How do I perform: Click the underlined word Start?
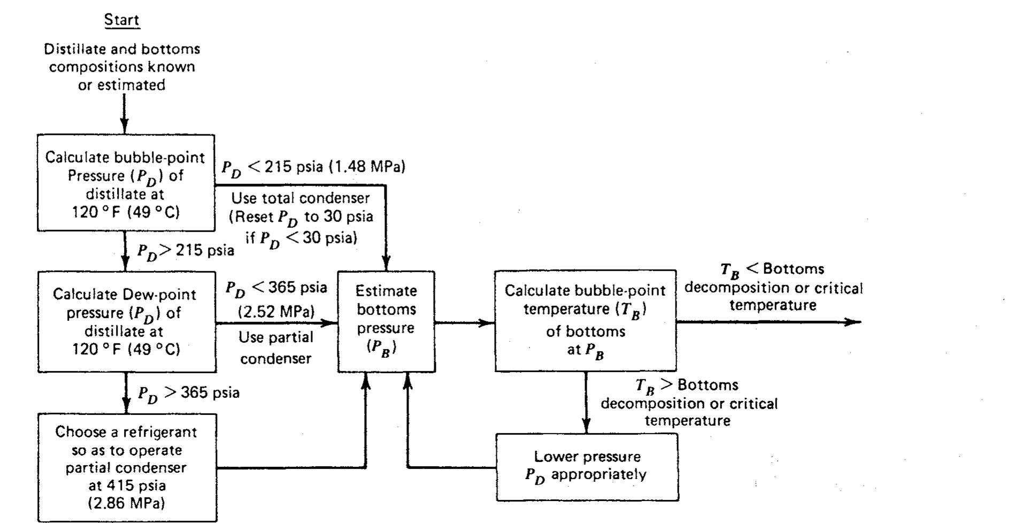122,20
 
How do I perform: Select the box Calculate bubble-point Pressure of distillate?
126,183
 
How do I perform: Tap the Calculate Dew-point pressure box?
127,321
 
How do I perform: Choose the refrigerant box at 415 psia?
127,467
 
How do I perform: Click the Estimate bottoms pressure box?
386,321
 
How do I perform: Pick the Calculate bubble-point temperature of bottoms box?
585,320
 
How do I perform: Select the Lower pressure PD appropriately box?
587,466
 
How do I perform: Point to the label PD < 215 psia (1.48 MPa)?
313,167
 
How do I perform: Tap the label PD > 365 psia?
188,394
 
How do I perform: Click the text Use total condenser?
300,198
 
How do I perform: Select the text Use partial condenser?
275,348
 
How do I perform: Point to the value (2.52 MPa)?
276,311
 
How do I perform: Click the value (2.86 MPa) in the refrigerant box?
126,503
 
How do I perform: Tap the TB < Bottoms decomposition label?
773,287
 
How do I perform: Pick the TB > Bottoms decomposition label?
689,403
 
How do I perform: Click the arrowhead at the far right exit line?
853,322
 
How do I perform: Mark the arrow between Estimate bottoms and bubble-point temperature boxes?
464,322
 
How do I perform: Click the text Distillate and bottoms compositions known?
122,67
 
